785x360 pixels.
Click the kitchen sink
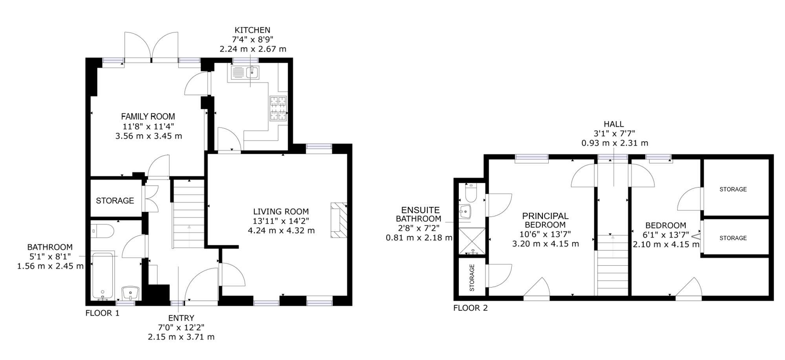point(245,73)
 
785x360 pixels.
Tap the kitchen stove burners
point(278,108)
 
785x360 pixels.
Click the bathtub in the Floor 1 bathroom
point(103,276)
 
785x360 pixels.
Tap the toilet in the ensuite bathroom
point(470,193)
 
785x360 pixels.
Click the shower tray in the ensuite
point(471,241)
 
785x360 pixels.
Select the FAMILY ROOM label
point(148,117)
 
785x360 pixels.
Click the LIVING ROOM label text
point(281,212)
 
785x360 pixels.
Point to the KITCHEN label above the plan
point(252,30)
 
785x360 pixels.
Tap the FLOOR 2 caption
point(470,308)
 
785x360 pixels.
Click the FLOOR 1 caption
point(102,313)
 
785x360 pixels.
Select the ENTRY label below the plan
point(181,318)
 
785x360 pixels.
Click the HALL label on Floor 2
point(614,124)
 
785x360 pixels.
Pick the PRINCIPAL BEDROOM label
point(545,220)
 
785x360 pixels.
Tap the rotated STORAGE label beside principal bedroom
point(472,277)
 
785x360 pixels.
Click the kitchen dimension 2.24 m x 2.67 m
point(252,49)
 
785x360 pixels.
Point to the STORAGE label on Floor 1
point(115,201)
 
